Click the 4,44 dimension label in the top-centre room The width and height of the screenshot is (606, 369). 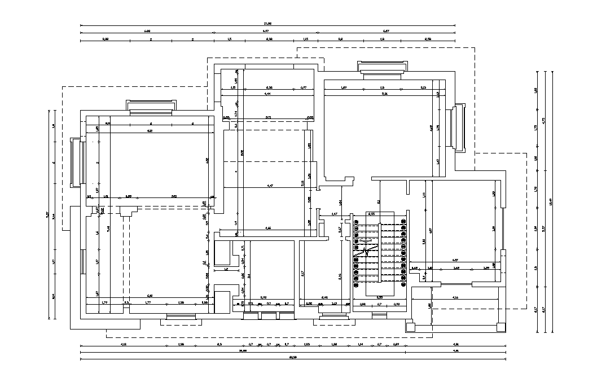[267, 94]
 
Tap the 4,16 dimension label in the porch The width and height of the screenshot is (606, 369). [455, 297]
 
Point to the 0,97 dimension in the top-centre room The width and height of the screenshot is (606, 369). [303, 87]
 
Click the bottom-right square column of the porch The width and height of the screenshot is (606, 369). [500, 326]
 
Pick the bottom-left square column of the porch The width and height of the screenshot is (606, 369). [410, 326]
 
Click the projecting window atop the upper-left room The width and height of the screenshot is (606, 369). [151, 106]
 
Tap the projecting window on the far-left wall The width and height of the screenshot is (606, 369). [76, 162]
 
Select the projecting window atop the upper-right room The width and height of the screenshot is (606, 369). [381, 68]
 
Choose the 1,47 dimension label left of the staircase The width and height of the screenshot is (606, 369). [334, 214]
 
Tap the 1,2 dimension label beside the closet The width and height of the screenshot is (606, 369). [226, 269]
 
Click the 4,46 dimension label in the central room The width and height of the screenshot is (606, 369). [269, 228]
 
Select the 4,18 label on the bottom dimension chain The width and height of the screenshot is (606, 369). [123, 344]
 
